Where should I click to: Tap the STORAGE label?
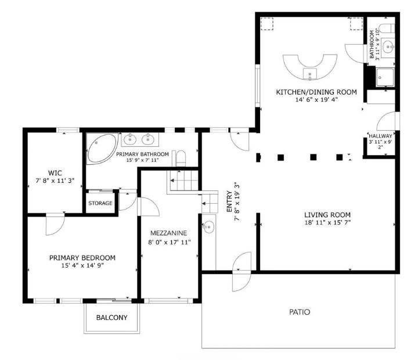click(100, 203)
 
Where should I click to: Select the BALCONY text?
click(112, 318)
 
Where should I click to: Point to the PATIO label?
click(299, 312)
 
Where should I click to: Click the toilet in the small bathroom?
click(390, 28)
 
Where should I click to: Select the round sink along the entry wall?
click(208, 227)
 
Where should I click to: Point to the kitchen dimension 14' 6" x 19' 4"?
click(316, 100)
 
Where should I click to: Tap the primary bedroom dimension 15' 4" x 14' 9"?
click(82, 266)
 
